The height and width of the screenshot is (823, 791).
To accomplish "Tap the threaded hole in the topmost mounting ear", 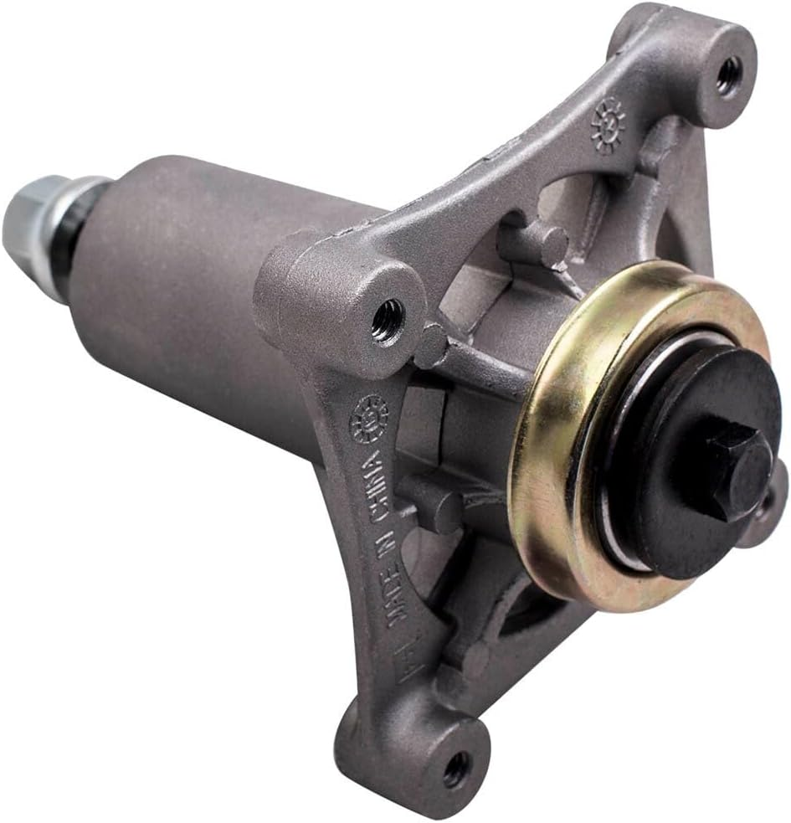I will pos(727,74).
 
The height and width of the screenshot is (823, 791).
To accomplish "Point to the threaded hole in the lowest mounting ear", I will pos(456,767).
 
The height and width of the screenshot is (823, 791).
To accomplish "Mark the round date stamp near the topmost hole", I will pos(609,122).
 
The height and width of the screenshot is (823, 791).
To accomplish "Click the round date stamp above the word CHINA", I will pos(369,418).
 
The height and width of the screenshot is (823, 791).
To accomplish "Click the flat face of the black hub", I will pos(670,502).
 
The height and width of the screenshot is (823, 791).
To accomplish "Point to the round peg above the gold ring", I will pos(536,243).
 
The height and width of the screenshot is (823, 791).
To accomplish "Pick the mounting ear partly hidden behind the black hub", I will pos(770,507).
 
